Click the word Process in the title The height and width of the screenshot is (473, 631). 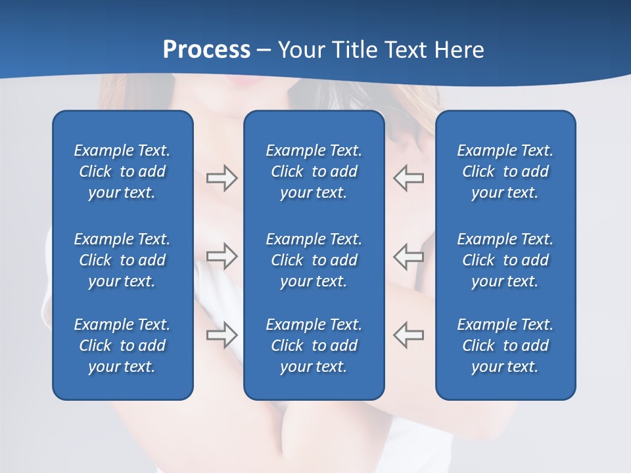[206, 50]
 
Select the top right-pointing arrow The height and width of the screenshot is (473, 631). [222, 178]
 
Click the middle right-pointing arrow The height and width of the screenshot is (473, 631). [222, 256]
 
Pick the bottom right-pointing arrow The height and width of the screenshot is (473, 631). [222, 335]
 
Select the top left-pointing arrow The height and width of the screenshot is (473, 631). [408, 178]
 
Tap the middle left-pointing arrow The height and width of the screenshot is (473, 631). [408, 256]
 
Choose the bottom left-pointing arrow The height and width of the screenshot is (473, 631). [408, 335]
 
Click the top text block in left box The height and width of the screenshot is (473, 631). [122, 171]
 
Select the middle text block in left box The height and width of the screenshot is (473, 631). [122, 260]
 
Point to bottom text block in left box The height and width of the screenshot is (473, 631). [122, 346]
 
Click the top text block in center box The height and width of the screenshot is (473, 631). [314, 171]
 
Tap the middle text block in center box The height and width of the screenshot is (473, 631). [314, 260]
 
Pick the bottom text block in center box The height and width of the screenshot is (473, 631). [314, 346]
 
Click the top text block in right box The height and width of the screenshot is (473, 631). [505, 171]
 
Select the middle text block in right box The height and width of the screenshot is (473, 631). [505, 260]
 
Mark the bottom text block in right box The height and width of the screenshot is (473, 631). [505, 346]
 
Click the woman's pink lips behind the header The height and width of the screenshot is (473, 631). [240, 81]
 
